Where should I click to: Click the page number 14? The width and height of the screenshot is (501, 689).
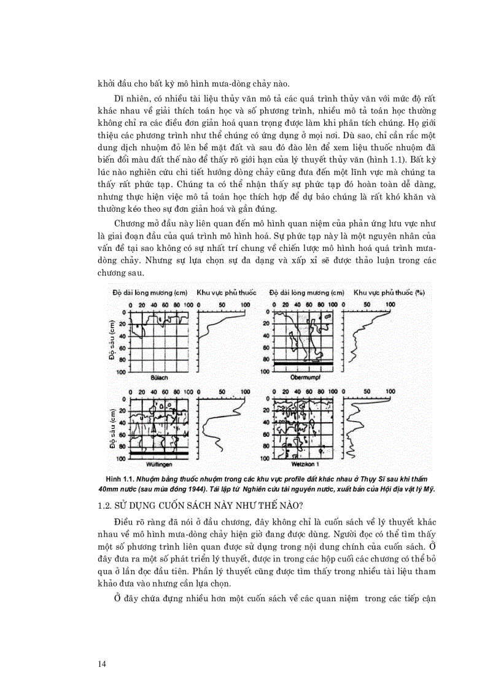pyautogui.click(x=102, y=663)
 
